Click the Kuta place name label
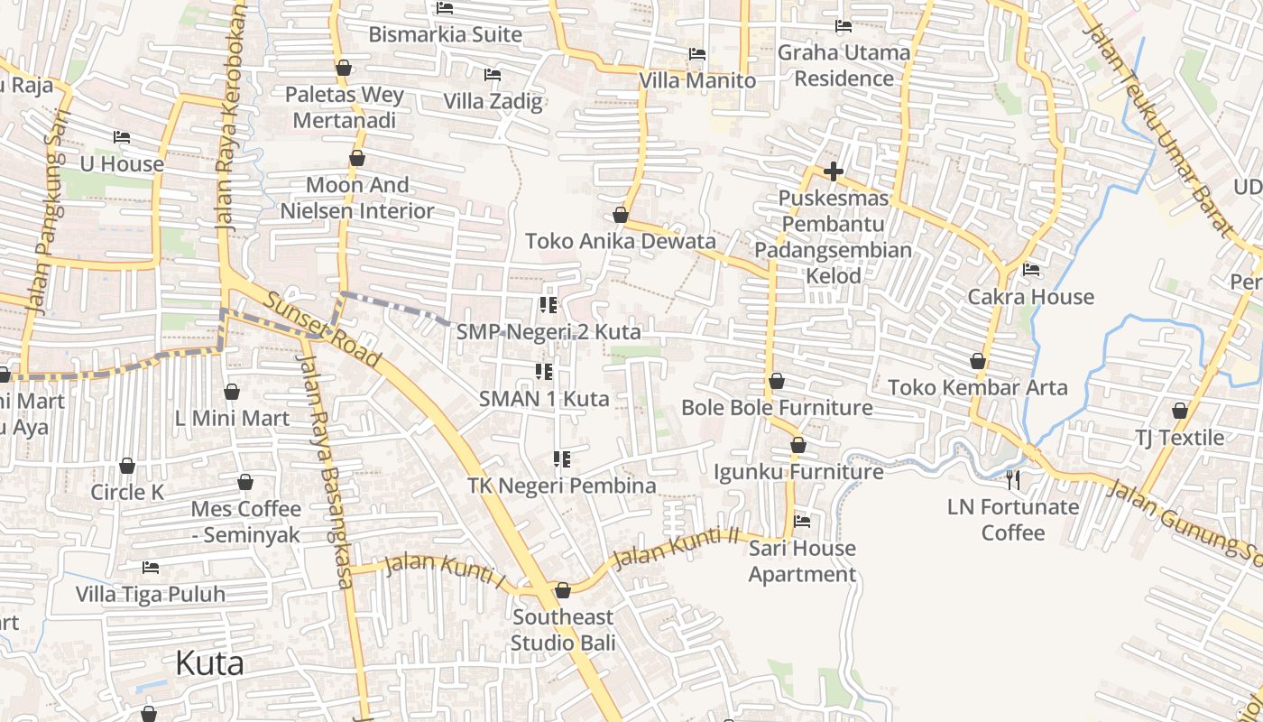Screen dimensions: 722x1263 (209, 663)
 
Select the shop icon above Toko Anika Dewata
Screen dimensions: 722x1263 (621, 215)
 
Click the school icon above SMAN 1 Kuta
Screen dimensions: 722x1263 (544, 371)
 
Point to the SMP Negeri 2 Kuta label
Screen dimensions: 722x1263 (549, 332)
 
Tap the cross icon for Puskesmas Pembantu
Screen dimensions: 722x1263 (834, 171)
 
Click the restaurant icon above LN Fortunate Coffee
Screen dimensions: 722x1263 (1013, 479)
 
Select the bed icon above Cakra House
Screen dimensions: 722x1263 (1031, 269)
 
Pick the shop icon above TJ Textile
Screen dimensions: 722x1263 (1179, 411)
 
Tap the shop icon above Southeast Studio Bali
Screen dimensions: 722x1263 (563, 590)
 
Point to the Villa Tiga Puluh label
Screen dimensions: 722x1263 (151, 595)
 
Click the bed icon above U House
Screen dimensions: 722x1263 (122, 137)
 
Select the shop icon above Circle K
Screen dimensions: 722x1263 (127, 466)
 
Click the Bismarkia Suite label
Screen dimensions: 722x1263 (446, 34)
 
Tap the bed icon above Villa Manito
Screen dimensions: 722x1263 (696, 53)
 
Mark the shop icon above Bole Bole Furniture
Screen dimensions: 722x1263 (776, 381)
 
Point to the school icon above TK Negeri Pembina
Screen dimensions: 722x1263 (562, 459)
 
